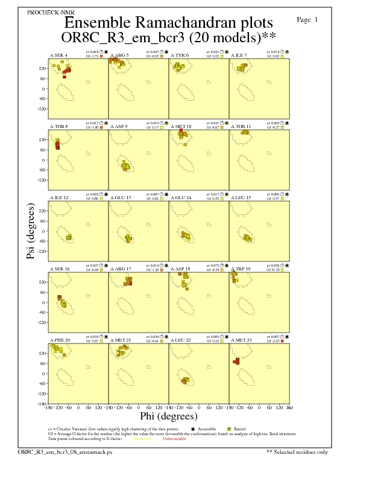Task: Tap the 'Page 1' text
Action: click(x=307, y=20)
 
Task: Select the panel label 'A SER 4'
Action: click(x=58, y=56)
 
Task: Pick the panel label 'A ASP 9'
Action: click(x=119, y=127)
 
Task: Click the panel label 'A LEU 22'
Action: click(x=181, y=340)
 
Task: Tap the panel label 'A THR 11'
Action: click(x=241, y=127)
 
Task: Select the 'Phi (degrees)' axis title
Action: click(x=168, y=416)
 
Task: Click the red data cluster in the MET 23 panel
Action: click(x=236, y=361)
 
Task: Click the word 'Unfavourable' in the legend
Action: click(x=174, y=439)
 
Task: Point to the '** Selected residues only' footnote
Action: click(x=297, y=451)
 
